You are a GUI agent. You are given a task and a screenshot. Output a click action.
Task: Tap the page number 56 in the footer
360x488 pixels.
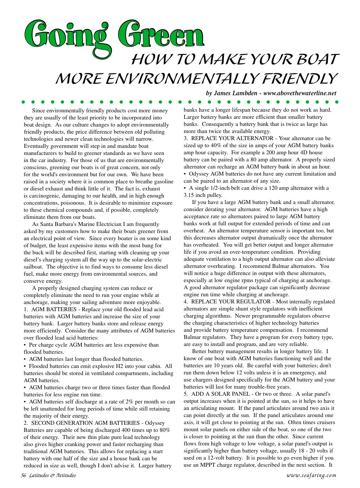[x=24, y=475]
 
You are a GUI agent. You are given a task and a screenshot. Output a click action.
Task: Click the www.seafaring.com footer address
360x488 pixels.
[x=311, y=475]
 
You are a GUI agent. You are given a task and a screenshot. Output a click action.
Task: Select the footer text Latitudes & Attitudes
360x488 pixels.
[x=52, y=475]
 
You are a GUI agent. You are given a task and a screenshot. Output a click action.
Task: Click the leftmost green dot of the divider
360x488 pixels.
[x=23, y=102]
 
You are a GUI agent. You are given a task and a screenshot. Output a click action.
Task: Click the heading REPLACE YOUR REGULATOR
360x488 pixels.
[x=231, y=302]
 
